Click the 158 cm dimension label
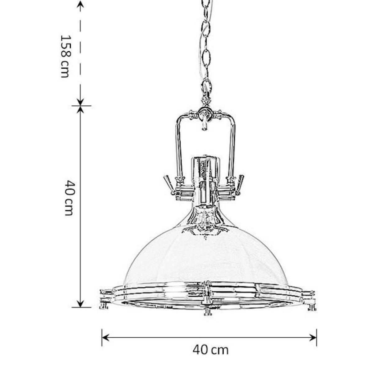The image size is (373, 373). (64, 56)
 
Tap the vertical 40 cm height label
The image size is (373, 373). (69, 198)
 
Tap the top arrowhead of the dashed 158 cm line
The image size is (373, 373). (80, 5)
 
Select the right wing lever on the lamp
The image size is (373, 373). (240, 185)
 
